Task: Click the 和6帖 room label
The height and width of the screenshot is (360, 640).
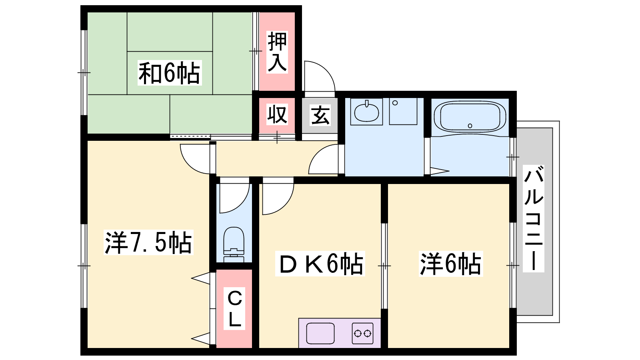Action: (x=170, y=73)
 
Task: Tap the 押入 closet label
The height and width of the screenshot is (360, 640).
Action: (x=277, y=52)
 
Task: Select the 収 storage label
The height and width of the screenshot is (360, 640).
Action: (x=277, y=114)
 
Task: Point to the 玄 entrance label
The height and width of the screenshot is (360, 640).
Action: (x=320, y=115)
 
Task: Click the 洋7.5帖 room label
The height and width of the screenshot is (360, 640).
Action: (x=148, y=242)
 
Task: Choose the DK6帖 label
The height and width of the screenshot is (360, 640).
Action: (x=320, y=264)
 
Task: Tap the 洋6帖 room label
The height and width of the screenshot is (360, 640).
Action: (x=451, y=264)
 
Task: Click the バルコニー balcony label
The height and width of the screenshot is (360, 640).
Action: (x=534, y=218)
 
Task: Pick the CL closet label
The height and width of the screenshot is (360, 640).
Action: (x=234, y=308)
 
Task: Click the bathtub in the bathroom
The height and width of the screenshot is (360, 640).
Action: (x=470, y=118)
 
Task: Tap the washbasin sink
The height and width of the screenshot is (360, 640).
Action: (x=366, y=112)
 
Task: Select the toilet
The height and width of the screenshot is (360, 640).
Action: (x=234, y=244)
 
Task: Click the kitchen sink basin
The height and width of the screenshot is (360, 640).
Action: (x=320, y=334)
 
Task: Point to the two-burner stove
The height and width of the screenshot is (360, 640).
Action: (x=362, y=334)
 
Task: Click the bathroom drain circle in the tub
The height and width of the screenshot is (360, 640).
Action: (x=470, y=126)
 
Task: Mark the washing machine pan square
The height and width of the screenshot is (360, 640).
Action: (x=403, y=112)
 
